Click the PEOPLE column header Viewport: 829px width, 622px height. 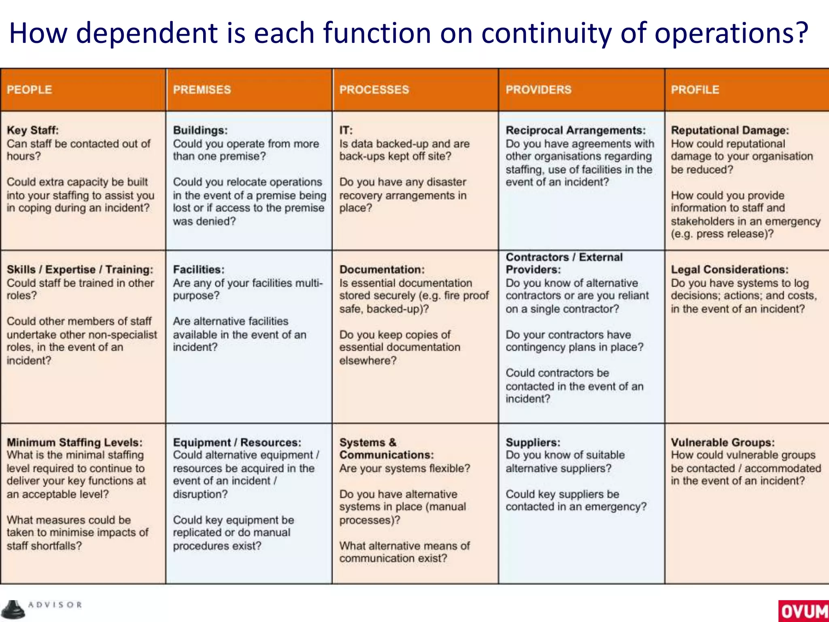30,89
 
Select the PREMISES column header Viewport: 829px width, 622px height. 202,89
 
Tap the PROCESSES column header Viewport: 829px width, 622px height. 374,89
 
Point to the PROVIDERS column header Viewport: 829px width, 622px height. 538,89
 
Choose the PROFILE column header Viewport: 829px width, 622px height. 695,89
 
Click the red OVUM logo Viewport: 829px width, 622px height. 803,611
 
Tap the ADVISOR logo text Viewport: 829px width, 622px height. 55,605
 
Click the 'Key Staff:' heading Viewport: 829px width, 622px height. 33,130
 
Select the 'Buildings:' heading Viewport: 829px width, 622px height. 200,130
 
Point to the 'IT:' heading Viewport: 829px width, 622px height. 346,130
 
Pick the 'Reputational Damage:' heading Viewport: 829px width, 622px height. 730,130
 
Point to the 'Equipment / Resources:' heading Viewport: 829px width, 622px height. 237,442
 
